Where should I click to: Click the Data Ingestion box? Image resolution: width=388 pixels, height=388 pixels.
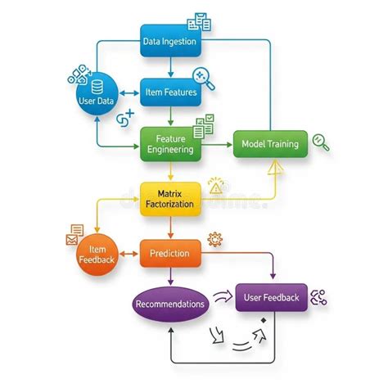click(171, 41)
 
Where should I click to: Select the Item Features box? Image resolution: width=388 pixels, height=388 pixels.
click(171, 92)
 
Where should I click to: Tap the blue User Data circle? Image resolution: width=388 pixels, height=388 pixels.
click(97, 94)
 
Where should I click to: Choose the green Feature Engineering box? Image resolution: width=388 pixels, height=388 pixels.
click(171, 144)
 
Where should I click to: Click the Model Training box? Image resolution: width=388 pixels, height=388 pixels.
click(270, 144)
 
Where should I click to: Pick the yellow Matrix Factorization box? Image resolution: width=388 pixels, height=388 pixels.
click(170, 199)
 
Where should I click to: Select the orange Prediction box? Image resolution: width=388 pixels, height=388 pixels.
click(170, 254)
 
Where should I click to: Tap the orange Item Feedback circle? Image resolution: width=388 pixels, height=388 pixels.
click(97, 255)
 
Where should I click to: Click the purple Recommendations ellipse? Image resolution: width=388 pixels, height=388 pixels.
click(170, 304)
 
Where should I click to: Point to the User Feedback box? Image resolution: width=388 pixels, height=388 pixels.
click(272, 297)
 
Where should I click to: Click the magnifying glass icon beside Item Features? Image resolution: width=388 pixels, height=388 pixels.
click(204, 79)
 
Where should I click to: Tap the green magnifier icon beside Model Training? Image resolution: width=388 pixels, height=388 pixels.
click(321, 142)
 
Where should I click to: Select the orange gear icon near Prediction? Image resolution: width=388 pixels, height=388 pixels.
click(214, 240)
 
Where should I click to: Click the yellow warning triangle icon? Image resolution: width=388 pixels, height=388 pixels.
click(216, 187)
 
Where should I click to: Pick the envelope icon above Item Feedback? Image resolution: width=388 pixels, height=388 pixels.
click(72, 240)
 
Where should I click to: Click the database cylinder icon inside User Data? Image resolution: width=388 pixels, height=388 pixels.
click(97, 87)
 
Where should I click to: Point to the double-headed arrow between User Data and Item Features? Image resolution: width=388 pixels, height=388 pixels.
click(129, 93)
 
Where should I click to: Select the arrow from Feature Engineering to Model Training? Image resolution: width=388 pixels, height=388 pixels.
click(217, 145)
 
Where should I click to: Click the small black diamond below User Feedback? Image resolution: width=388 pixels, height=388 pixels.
click(264, 320)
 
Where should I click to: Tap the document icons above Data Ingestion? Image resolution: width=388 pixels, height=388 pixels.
click(199, 21)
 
